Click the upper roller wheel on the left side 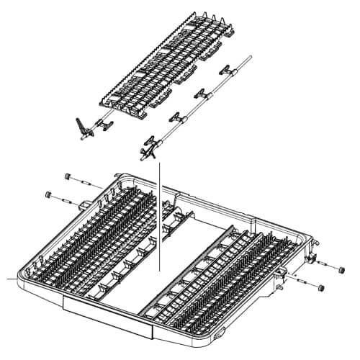click(67, 176)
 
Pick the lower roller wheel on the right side click(321, 287)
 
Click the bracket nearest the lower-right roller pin click(282, 273)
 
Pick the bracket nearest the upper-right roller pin click(311, 257)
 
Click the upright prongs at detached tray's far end click(216, 19)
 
